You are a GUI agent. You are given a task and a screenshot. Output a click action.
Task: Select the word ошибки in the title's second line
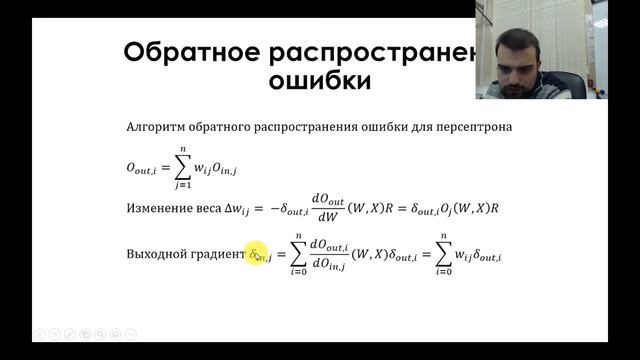(x=321, y=80)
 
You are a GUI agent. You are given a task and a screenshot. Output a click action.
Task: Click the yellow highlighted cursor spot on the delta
(x=258, y=256)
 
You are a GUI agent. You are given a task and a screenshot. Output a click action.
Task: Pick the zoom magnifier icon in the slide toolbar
(x=114, y=333)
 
